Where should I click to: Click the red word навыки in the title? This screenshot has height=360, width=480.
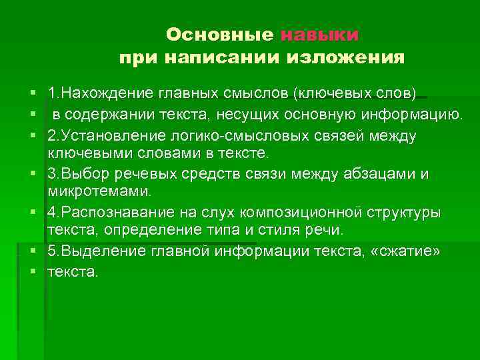(x=320, y=34)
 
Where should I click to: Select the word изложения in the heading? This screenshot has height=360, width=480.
(x=345, y=57)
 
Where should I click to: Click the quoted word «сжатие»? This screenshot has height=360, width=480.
(x=408, y=251)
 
